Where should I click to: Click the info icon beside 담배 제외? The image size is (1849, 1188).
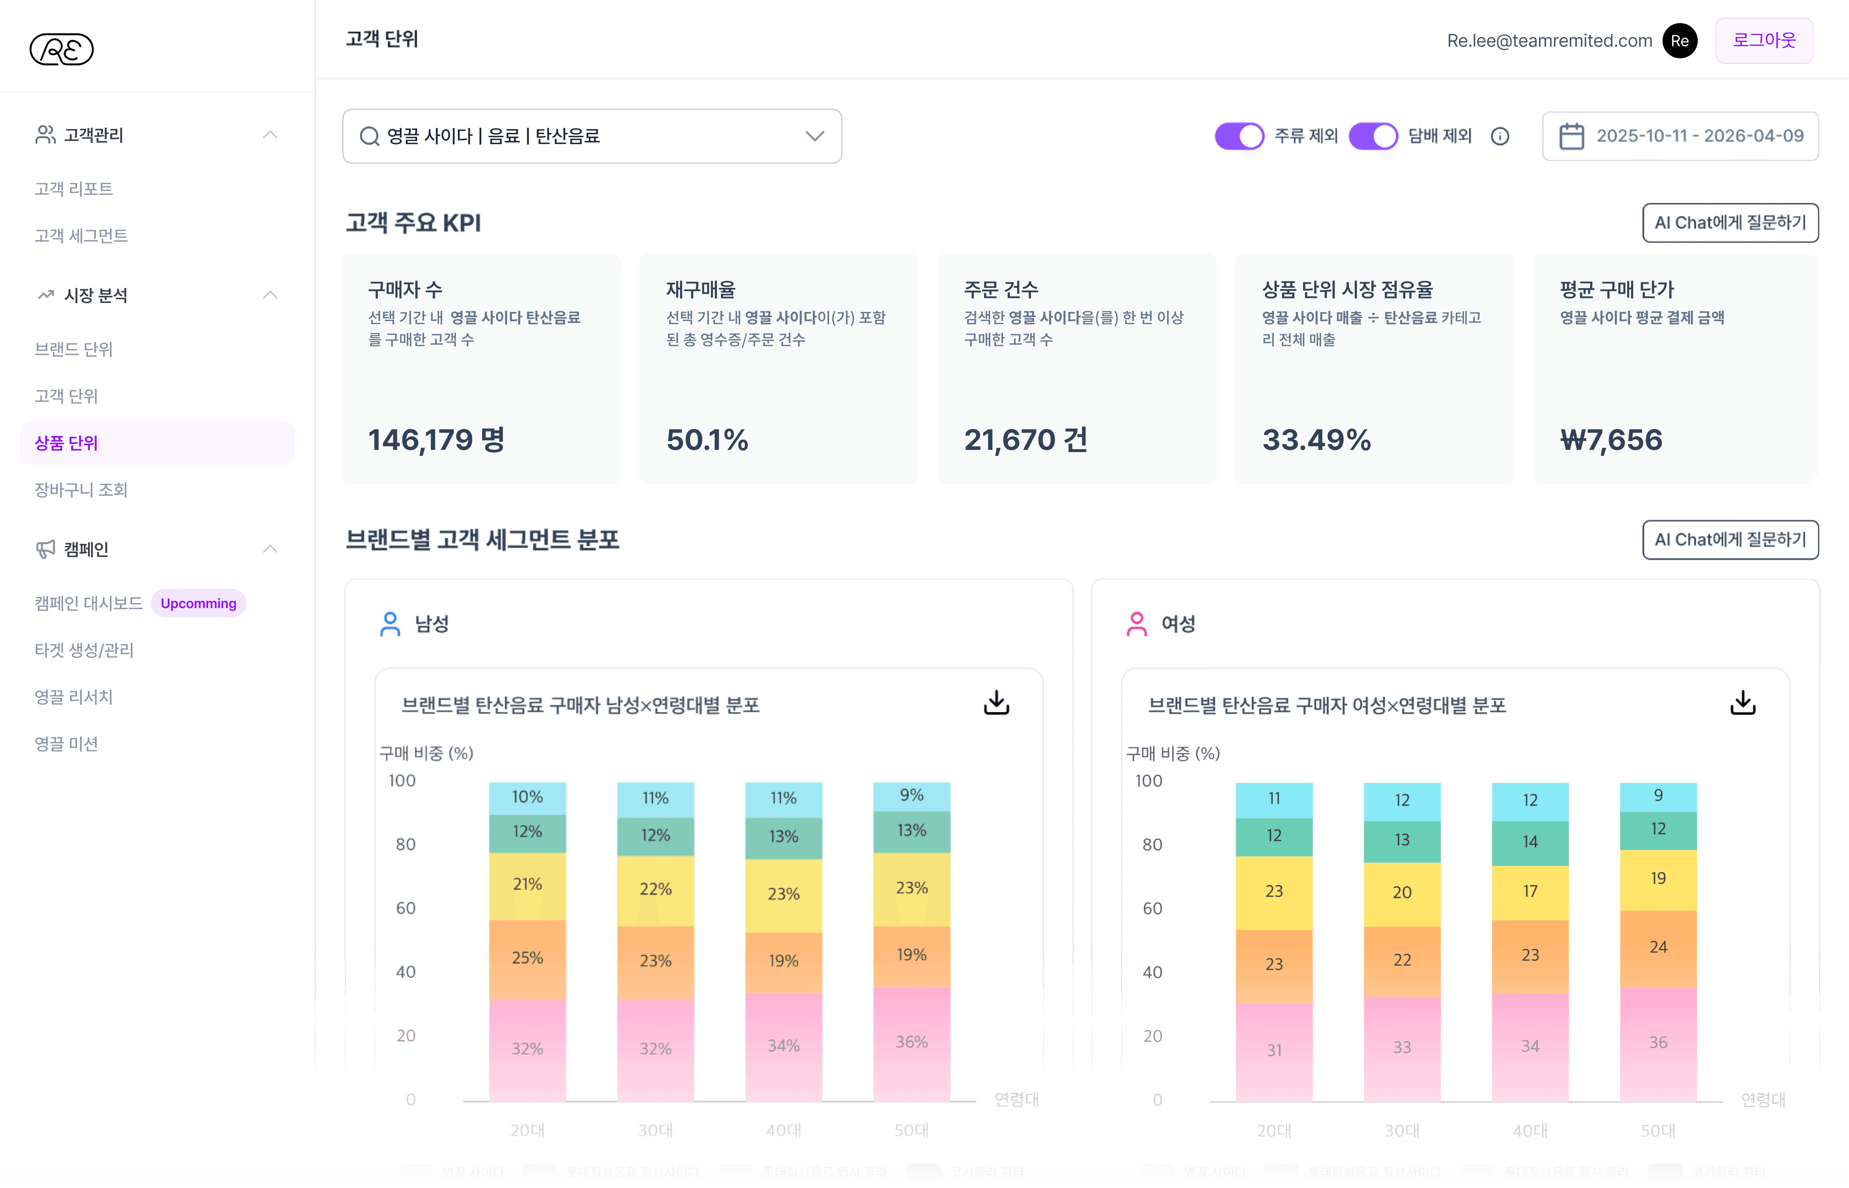pyautogui.click(x=1499, y=136)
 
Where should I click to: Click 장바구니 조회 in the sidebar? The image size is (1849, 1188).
pyautogui.click(x=81, y=490)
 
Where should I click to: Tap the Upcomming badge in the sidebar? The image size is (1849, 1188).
pyautogui.click(x=198, y=603)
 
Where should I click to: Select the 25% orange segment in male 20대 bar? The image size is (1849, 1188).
pyautogui.click(x=527, y=958)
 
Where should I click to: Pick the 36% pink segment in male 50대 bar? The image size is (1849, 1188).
pyautogui.click(x=911, y=1042)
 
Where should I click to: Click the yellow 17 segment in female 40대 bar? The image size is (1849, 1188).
pyautogui.click(x=1529, y=892)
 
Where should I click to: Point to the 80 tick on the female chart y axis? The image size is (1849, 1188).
pyautogui.click(x=1152, y=845)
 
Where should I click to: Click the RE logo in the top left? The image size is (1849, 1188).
pyautogui.click(x=62, y=49)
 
